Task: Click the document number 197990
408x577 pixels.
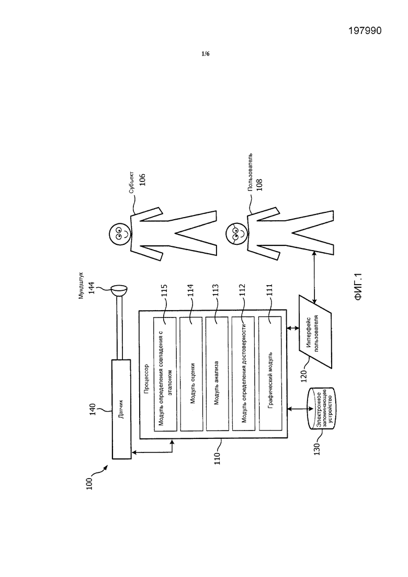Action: point(365,30)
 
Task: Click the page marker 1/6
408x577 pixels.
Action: point(205,54)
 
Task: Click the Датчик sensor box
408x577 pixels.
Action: point(121,409)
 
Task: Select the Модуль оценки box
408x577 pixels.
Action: point(191,374)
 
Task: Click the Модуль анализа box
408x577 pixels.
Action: point(218,374)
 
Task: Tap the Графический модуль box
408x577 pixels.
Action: point(270,374)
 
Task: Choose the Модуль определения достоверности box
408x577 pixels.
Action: point(244,374)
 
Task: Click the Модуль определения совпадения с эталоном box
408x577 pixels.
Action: point(165,374)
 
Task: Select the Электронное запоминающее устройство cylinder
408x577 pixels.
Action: point(321,409)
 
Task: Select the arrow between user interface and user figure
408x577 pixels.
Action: point(314,276)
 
